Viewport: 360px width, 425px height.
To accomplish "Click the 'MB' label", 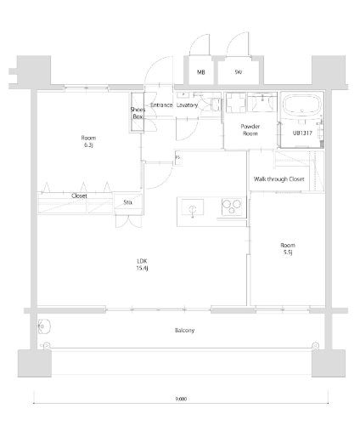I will [200, 73].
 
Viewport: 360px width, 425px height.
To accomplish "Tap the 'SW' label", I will [237, 73].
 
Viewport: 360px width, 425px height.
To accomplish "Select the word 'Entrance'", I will [162, 105].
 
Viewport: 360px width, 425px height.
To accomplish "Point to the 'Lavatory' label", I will [188, 105].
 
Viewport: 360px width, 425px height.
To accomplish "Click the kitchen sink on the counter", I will [190, 208].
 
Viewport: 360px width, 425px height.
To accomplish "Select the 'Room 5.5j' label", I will [289, 249].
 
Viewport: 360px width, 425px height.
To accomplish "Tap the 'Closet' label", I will [79, 195].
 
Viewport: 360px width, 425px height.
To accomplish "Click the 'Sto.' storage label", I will [128, 202].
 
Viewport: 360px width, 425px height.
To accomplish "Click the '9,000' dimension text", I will [182, 398].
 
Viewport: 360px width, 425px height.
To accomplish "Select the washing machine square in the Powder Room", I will [237, 105].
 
